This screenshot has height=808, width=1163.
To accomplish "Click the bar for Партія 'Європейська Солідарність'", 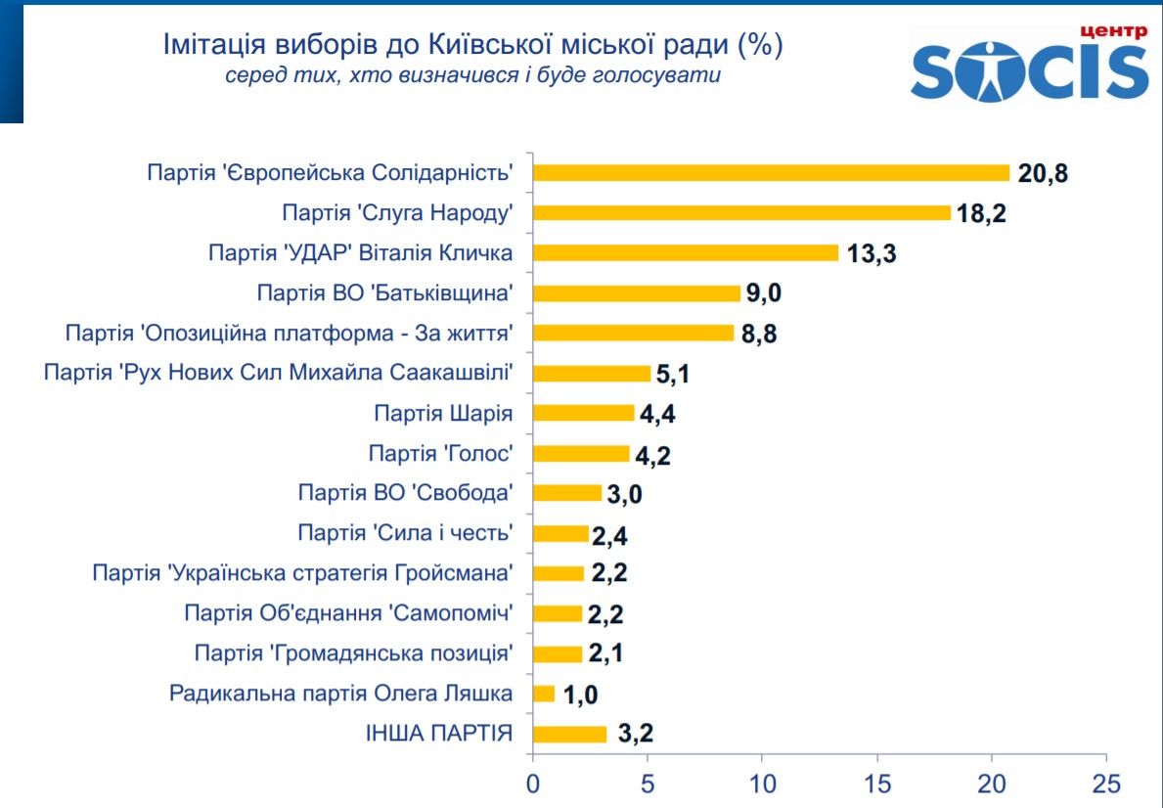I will coord(771,173).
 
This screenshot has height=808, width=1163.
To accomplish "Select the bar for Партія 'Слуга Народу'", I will coord(741,213).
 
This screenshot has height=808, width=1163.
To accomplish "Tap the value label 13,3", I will coord(872,253).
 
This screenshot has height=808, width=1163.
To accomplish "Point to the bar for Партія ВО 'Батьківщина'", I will coord(636,293).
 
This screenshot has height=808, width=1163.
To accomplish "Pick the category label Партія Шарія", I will coord(443,413).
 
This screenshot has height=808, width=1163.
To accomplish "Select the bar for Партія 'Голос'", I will coord(581,453).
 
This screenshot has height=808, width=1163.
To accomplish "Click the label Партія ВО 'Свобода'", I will coord(406,492).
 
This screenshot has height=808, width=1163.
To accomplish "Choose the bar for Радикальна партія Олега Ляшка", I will coord(544,694).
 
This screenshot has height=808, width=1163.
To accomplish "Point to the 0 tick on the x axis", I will coord(532,784).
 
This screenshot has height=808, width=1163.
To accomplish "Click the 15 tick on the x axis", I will coord(876,784).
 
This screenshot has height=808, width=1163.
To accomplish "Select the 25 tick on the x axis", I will coord(1106,784).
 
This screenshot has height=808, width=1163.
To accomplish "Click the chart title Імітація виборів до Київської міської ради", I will coord(472,44).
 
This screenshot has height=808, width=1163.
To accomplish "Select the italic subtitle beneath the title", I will coord(472,76).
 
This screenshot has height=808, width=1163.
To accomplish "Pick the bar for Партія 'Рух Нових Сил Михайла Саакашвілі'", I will coord(592,373).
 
